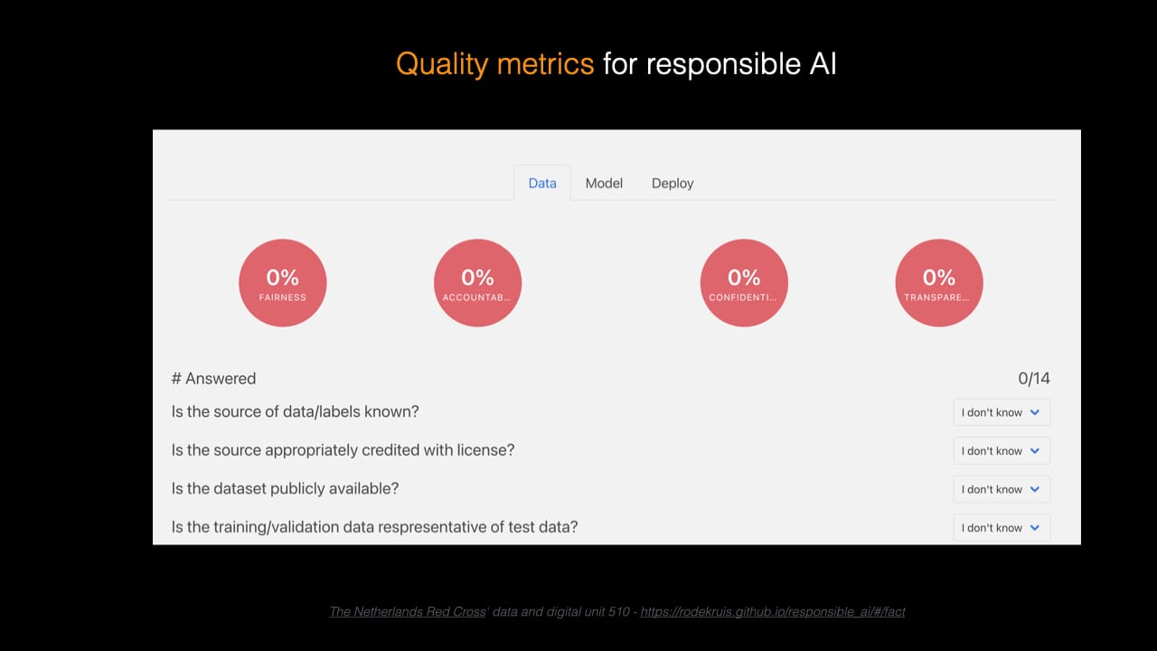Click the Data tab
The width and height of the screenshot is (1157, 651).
pos(542,183)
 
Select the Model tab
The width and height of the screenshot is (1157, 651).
pos(604,183)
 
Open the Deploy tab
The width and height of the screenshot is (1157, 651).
pos(673,184)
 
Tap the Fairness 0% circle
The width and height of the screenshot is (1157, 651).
pos(283,283)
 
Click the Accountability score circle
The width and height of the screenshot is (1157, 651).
pos(478,283)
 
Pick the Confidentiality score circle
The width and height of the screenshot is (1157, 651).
pos(744,283)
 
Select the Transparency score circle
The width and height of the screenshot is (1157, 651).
pos(939,283)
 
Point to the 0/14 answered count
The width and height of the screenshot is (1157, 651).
pos(1034,378)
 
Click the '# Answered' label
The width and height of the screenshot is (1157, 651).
pos(214,378)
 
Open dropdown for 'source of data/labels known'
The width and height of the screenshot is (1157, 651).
pos(1002,412)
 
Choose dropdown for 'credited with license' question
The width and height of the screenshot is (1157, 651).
pos(1002,450)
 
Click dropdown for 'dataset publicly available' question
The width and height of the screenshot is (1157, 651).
pos(1002,489)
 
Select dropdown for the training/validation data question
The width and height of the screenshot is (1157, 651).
pos(1002,527)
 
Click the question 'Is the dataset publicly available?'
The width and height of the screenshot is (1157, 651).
pos(285,488)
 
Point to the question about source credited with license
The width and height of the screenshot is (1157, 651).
pos(343,450)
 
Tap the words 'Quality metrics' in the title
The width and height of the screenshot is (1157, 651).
pos(494,64)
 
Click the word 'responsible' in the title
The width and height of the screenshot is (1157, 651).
pos(724,65)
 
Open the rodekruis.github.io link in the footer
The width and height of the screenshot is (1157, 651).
pos(773,612)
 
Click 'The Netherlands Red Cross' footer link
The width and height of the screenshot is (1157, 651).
pos(408,612)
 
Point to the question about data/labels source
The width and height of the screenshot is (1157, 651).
pos(295,411)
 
